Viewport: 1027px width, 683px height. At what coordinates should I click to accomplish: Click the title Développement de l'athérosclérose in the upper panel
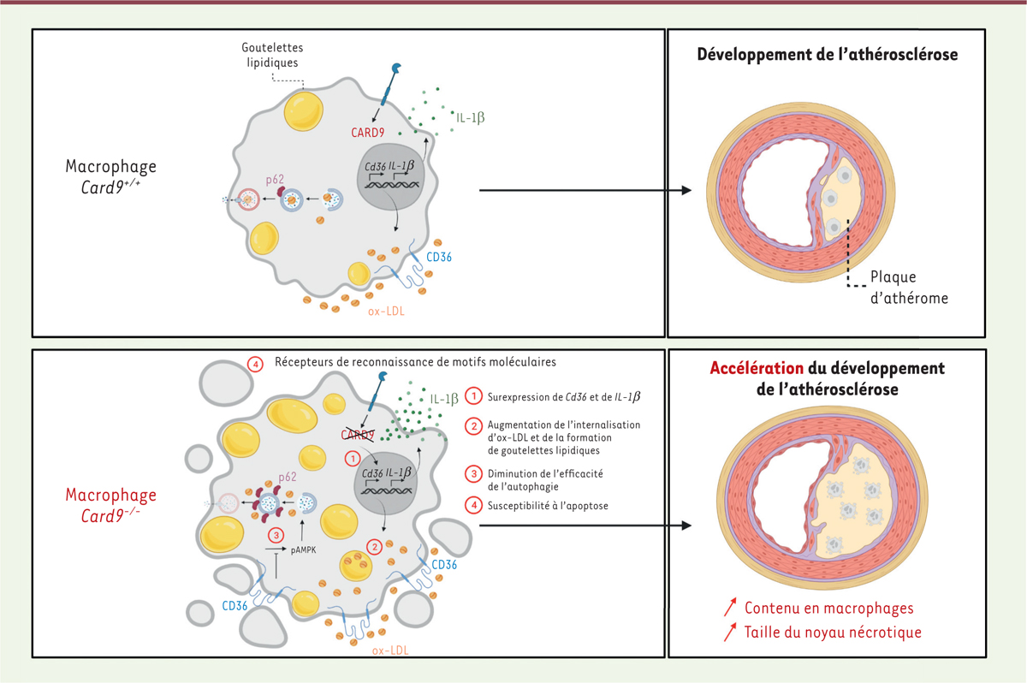pos(827,54)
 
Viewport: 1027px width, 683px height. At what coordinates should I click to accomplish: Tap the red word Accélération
pos(756,369)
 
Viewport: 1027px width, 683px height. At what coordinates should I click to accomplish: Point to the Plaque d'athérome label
pos(909,288)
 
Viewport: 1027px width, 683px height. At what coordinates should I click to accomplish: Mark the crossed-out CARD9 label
pos(360,436)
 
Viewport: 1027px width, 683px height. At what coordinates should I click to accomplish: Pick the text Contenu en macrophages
pos(828,609)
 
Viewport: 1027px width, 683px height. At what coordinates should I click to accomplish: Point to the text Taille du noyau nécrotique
pos(833,633)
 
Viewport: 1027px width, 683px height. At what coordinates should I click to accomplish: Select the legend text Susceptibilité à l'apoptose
pos(547,506)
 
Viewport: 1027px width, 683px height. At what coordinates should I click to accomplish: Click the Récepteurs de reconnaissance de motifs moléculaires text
pos(415,362)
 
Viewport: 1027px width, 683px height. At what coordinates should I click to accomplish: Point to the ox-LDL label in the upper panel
pos(385,312)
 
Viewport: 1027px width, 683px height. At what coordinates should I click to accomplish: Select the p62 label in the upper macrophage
pos(275,180)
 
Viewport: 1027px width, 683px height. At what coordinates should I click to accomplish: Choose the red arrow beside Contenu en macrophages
pos(729,608)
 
